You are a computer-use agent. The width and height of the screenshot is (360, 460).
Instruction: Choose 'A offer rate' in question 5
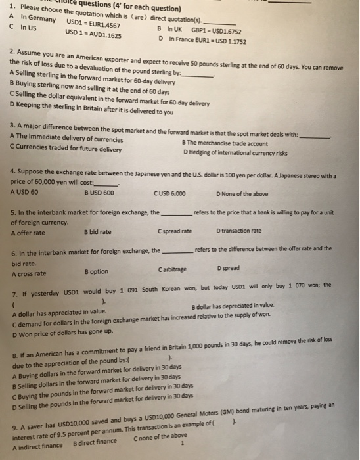pos(28,231)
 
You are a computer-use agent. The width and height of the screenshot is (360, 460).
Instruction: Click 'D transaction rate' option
pos(239,231)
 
